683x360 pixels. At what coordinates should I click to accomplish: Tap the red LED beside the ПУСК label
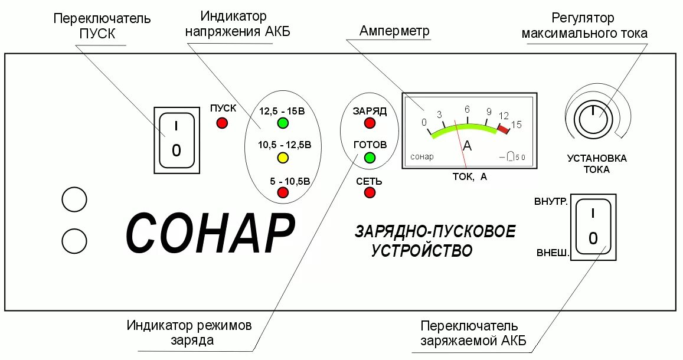tap(223, 123)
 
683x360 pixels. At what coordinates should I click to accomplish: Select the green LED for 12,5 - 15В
tap(283, 123)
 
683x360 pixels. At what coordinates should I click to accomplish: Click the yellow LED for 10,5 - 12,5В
tap(283, 158)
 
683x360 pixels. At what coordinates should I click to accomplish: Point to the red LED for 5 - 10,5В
tap(283, 192)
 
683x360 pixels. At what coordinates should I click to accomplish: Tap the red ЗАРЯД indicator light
tap(370, 123)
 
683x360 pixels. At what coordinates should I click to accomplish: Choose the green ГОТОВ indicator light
tap(370, 158)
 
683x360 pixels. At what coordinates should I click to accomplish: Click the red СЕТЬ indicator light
tap(370, 192)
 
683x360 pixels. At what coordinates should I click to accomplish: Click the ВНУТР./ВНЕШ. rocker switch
tap(593, 228)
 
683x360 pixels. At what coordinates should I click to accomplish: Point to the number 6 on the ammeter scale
tap(467, 109)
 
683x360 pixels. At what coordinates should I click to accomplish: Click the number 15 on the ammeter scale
tap(517, 124)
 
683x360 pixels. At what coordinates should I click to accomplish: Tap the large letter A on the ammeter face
tap(467, 146)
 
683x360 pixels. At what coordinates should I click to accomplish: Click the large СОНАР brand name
tap(210, 233)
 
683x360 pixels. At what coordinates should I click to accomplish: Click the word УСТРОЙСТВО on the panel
tap(422, 250)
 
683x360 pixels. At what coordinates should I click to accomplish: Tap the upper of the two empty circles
tap(75, 199)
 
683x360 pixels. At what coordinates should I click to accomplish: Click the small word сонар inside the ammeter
tap(421, 156)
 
